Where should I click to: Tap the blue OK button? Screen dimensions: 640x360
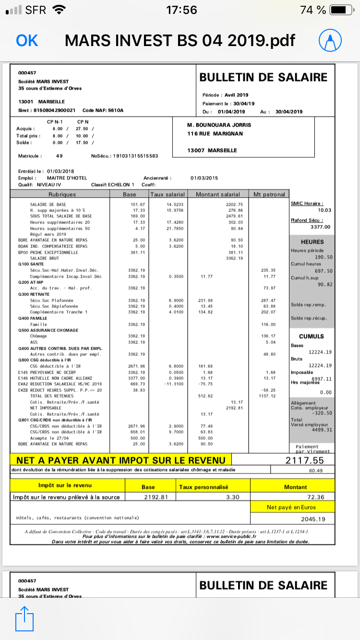click(x=27, y=40)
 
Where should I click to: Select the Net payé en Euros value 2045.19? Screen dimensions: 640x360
click(x=313, y=519)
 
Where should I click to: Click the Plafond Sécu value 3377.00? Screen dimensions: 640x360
click(x=321, y=227)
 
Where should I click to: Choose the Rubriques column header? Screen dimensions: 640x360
click(x=62, y=194)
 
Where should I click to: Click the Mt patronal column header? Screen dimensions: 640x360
click(x=269, y=194)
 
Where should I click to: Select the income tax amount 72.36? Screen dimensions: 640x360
click(x=314, y=497)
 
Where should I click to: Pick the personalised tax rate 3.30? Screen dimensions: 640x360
click(x=232, y=497)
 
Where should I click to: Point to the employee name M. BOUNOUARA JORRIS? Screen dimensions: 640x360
click(x=219, y=125)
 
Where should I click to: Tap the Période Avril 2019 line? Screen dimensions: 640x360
click(x=226, y=95)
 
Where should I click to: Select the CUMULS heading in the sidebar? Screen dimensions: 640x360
click(x=312, y=336)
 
